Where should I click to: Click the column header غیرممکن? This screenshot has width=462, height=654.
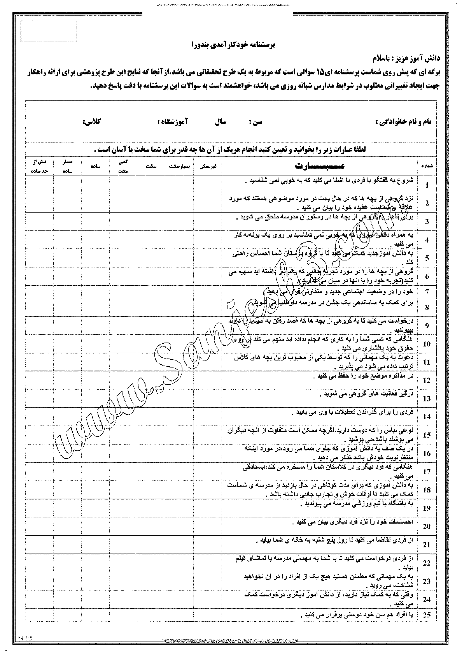(208, 166)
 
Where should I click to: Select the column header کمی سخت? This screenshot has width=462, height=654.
(123, 166)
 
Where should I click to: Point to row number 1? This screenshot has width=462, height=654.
(427, 185)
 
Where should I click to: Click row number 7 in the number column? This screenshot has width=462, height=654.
(427, 292)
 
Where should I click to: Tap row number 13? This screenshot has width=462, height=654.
(427, 399)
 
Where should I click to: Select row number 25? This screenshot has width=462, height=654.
(427, 616)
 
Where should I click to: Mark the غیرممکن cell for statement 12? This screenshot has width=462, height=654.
(208, 380)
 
